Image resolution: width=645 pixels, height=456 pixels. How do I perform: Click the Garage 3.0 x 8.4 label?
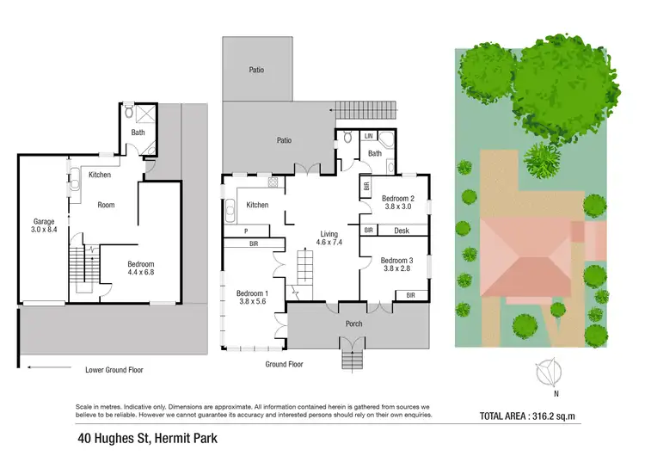point(43,226)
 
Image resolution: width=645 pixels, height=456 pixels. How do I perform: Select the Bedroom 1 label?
point(253,298)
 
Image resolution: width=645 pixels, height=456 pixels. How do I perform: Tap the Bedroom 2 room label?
point(399,200)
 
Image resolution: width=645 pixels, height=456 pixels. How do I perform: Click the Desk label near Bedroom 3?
point(401,231)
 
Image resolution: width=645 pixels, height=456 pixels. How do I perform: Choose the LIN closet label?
point(368,136)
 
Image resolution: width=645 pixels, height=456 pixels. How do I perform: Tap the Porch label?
point(353,324)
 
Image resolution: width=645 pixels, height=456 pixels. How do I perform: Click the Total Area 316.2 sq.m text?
point(538,416)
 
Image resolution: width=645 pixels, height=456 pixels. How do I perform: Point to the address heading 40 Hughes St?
point(144,438)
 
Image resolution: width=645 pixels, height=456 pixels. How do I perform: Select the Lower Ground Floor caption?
point(114,370)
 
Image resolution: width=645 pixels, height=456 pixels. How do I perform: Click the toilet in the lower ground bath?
point(129,111)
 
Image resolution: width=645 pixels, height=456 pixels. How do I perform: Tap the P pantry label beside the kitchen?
point(246,231)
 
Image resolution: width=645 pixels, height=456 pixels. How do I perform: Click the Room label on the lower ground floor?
point(106,205)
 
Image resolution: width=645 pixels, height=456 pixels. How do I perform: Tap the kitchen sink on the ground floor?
point(230,209)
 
